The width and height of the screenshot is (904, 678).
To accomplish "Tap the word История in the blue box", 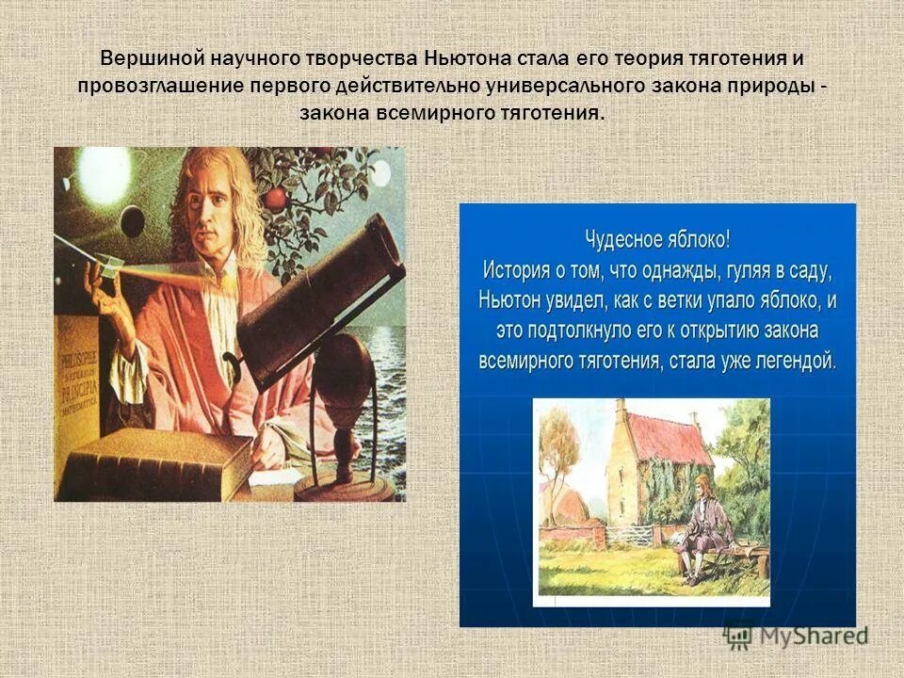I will point(516,270).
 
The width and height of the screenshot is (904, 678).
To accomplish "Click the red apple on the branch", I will point(275,199).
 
